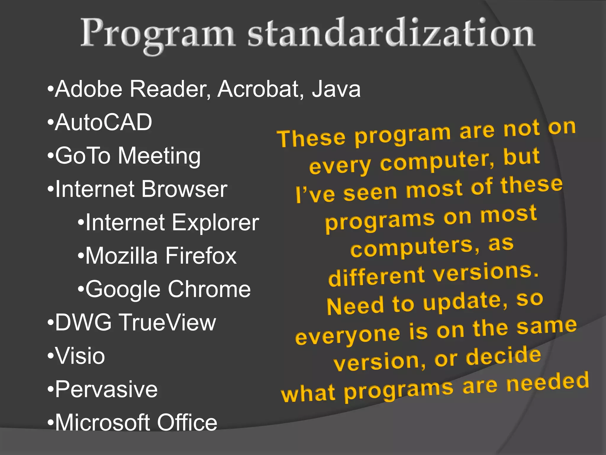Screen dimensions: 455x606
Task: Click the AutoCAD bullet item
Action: tap(103, 122)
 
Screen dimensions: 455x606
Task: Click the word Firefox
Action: tap(201, 256)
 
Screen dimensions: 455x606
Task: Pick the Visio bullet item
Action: tap(80, 356)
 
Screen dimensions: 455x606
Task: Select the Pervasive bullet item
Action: tap(106, 389)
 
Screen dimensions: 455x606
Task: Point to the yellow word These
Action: tap(311, 138)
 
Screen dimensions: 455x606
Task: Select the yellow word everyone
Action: tap(348, 336)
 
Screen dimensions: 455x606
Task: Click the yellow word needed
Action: tap(547, 382)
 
